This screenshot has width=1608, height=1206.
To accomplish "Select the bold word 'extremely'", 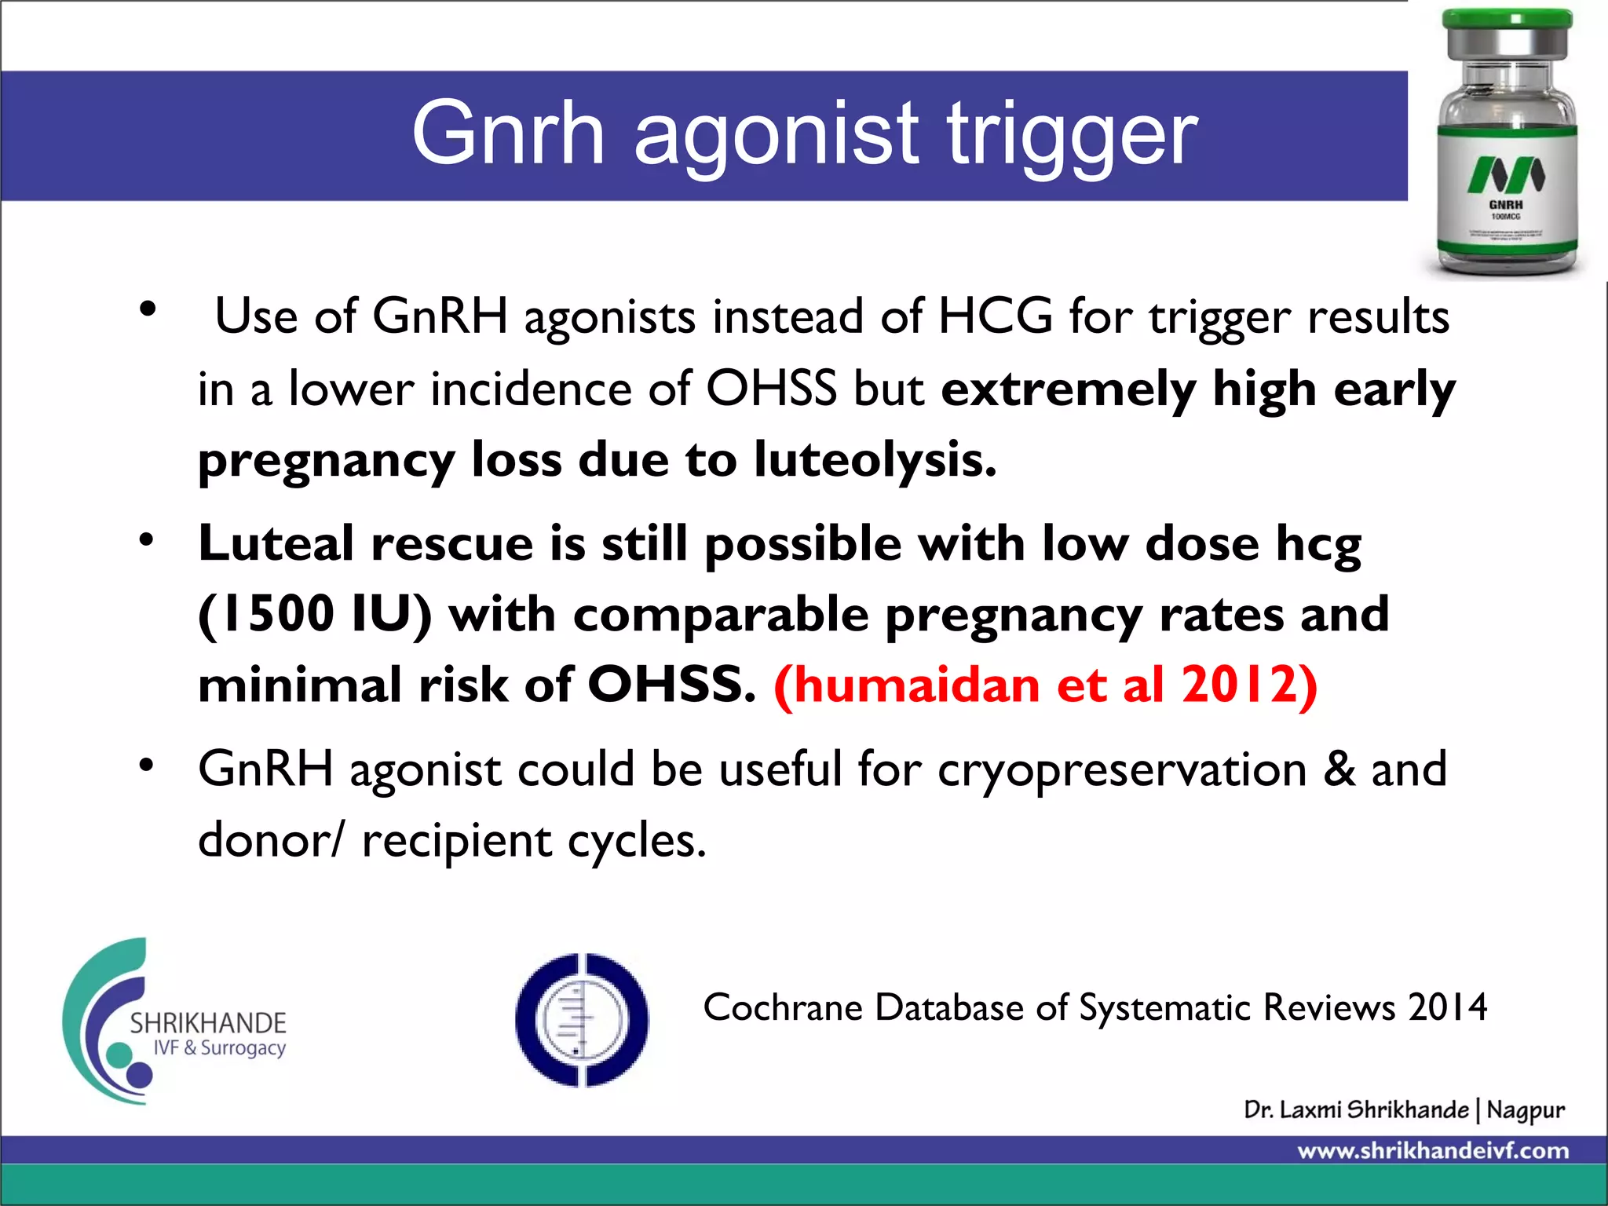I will pos(1068,389).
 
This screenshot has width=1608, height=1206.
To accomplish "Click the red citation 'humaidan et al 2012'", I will pos(1045,685).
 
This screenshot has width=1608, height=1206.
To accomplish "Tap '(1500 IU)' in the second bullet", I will pos(315,614).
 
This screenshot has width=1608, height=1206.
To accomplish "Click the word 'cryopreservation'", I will pos(1122,769).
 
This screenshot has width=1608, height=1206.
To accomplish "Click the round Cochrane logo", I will pos(582,1019).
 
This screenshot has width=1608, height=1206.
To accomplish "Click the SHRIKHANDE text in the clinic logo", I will pos(208,1023).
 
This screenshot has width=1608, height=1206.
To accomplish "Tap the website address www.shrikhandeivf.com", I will pos(1433,1151).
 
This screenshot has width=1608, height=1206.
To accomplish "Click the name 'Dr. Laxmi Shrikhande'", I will pos(1356,1109).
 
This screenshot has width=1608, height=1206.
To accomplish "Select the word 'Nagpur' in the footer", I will pos(1526,1110).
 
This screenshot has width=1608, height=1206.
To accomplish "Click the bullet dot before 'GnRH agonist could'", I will pos(147,765).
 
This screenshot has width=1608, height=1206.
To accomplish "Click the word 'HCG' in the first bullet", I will pos(995,317).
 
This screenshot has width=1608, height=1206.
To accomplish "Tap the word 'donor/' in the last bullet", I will pos(271,841).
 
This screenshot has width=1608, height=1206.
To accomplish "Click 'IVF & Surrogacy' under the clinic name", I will pos(219,1048).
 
